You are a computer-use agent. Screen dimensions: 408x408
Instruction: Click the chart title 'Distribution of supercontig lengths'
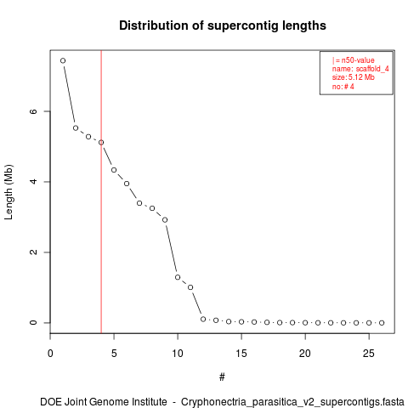[223, 25]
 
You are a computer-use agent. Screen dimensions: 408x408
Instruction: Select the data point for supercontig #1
[63, 60]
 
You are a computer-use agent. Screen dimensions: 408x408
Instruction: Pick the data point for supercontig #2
[76, 128]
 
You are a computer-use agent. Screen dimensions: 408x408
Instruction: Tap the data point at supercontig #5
[114, 170]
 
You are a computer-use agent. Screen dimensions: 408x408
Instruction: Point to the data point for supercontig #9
[165, 220]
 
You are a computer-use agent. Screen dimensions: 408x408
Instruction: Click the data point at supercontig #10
[178, 277]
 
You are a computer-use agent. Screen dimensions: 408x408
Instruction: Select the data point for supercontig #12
[203, 320]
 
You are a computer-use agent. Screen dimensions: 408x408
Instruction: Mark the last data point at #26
[382, 323]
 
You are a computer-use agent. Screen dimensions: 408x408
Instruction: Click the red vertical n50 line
[101, 191]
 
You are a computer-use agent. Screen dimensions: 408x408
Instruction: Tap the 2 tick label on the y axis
[33, 252]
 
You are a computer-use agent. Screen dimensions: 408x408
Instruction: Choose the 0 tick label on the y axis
[33, 323]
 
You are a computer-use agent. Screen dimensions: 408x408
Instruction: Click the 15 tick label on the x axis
[241, 354]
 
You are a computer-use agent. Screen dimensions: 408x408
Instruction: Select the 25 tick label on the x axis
[369, 354]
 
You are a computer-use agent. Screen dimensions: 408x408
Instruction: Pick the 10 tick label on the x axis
[178, 354]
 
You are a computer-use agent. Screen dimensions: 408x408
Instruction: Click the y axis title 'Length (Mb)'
[8, 192]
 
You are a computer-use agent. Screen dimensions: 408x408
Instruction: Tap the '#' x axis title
[222, 377]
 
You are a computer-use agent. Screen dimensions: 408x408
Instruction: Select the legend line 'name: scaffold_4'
[360, 69]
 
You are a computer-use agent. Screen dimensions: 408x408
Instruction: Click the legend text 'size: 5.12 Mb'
[354, 77]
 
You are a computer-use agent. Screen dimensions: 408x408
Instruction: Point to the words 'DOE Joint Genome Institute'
[104, 402]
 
